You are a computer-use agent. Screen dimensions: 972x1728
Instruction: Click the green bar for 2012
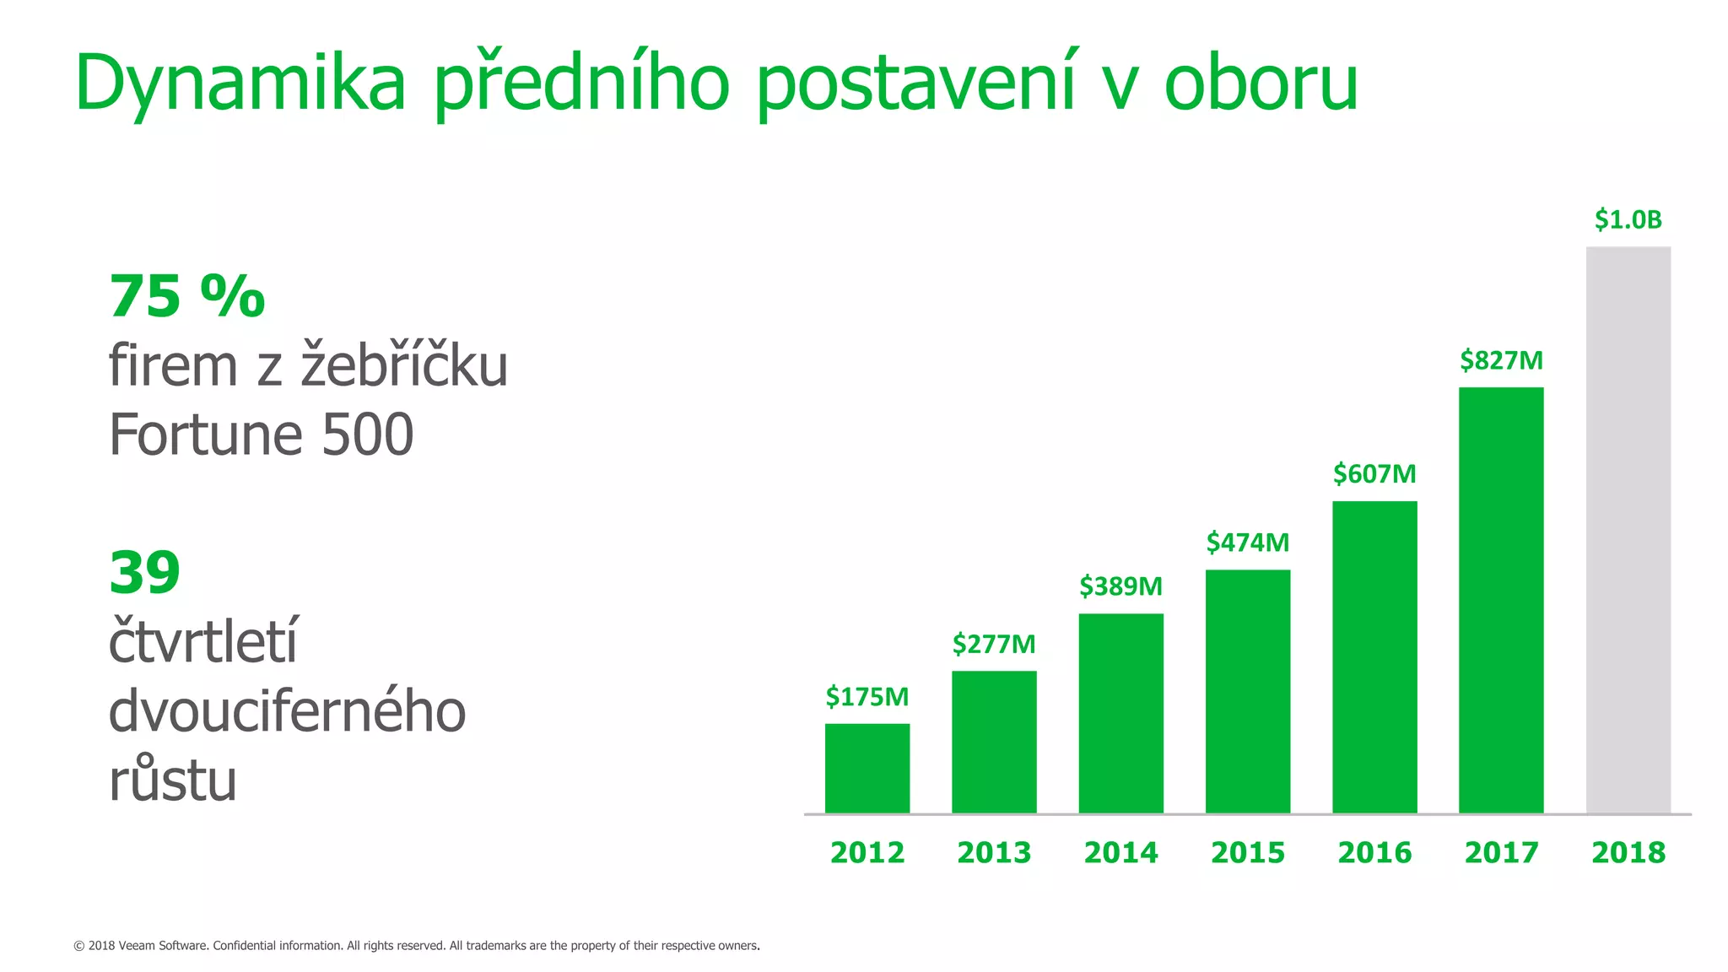867,768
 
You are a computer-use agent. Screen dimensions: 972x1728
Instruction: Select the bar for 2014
1120,713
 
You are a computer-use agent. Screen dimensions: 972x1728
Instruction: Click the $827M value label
1501,361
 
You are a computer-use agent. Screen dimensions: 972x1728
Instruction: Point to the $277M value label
994,645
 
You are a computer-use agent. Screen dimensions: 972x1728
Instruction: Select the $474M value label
1248,543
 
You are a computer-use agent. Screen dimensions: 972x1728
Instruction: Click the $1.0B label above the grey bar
1628,220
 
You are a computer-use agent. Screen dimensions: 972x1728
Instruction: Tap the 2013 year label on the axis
994,852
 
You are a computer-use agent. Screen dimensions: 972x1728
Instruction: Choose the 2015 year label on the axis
1248,852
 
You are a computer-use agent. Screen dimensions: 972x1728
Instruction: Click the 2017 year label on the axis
1501,852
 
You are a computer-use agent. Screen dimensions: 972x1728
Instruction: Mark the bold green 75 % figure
187,297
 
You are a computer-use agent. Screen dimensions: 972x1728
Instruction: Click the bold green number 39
144,573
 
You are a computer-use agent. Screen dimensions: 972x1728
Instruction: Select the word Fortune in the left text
205,435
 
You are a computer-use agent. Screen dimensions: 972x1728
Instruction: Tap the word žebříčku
404,366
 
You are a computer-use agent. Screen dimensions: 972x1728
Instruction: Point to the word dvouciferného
287,711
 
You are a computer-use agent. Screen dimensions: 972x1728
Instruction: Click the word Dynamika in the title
240,84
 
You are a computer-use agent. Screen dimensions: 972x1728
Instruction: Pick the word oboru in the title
1261,84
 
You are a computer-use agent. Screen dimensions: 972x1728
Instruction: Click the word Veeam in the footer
137,946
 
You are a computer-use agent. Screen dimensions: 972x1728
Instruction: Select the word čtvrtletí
203,642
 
